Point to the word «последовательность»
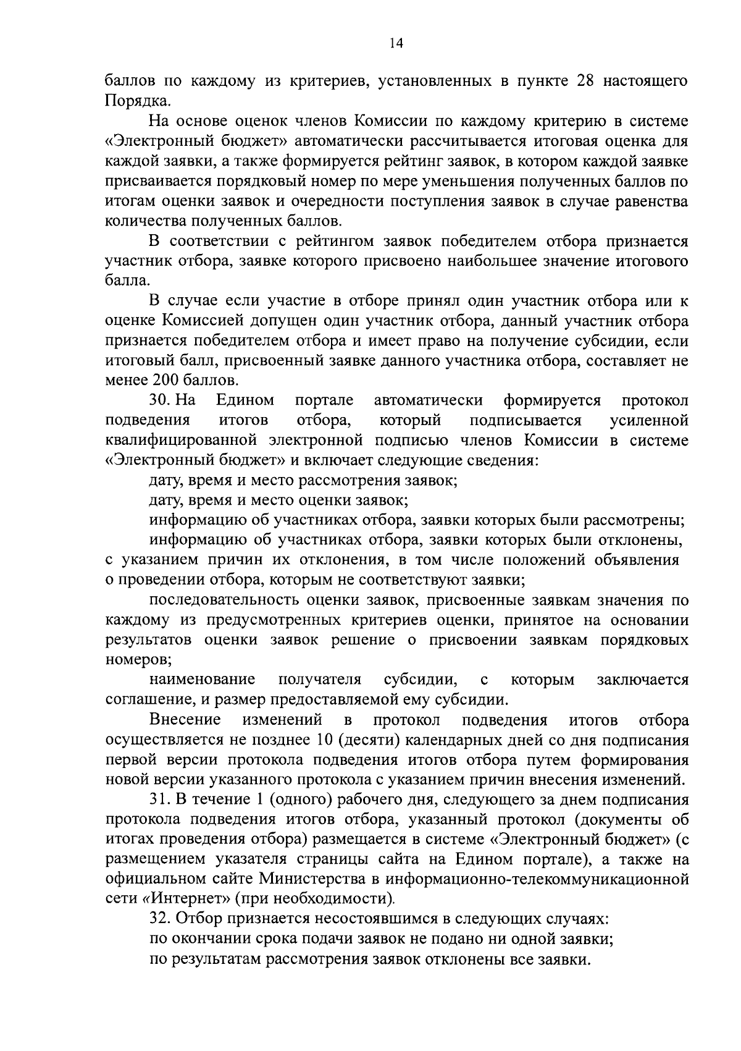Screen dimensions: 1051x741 pos(224,600)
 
